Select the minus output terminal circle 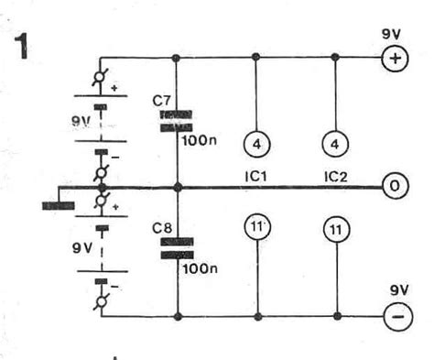(x=394, y=319)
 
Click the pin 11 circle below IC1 (x=255, y=226)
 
